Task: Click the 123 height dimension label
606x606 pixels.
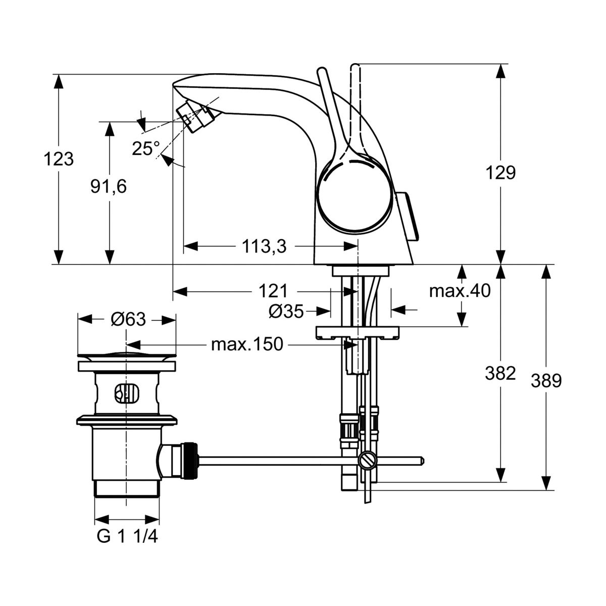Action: (x=59, y=160)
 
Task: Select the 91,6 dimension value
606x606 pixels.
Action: (x=109, y=187)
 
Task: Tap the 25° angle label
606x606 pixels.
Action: (x=146, y=148)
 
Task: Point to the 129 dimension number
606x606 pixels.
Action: (x=500, y=173)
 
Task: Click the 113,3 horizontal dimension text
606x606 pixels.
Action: (x=264, y=246)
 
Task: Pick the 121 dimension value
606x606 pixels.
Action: (x=273, y=291)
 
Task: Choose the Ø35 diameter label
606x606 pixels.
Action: (x=286, y=312)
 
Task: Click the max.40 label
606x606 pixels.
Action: (x=460, y=291)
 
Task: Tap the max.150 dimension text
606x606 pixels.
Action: (x=247, y=345)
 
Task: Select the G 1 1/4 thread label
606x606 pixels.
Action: (x=127, y=537)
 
